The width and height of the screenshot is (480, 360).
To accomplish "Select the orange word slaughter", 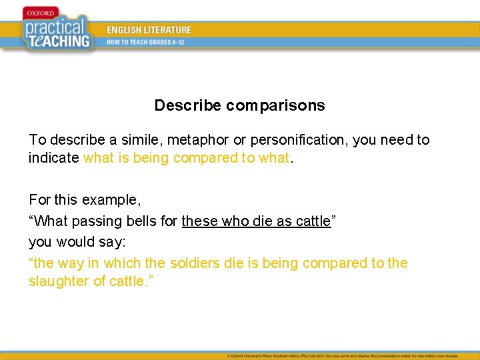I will pos(59,281).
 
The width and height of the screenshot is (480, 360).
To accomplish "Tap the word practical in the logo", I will pos(55,29).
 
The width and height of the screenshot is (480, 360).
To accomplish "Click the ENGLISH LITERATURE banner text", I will pos(149,30).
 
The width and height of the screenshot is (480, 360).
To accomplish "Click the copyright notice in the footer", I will pos(351,355).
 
